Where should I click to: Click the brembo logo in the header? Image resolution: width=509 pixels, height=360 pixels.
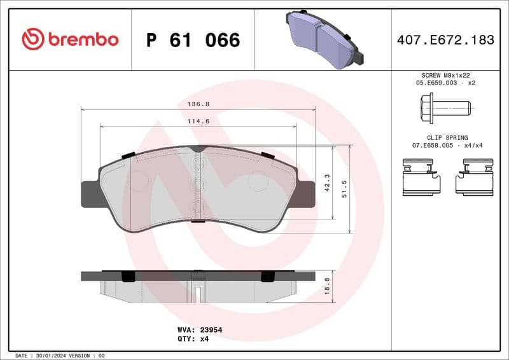(70, 39)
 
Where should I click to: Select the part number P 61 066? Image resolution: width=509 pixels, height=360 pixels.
(193, 40)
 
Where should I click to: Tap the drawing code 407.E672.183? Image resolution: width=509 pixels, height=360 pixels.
(445, 40)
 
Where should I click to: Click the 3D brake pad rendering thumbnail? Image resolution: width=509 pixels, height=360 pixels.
(323, 39)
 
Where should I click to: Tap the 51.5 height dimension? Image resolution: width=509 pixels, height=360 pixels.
(344, 189)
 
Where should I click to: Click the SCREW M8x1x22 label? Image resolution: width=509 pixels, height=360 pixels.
(445, 75)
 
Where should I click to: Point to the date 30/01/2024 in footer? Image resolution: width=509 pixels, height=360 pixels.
(52, 355)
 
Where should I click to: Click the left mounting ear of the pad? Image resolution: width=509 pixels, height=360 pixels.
(90, 194)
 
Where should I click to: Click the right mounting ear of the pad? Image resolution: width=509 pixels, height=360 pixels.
(306, 194)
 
